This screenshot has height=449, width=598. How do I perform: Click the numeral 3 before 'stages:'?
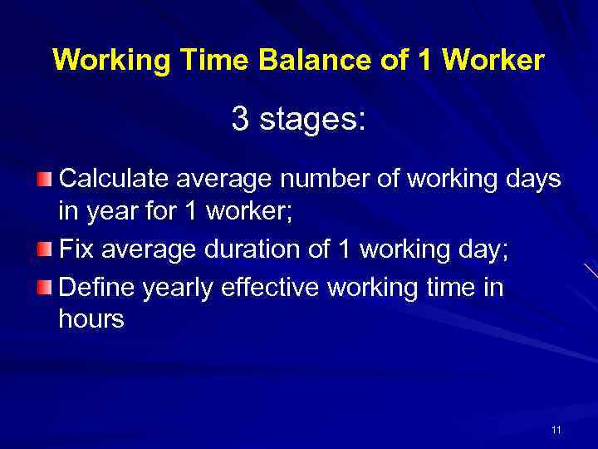click(x=241, y=119)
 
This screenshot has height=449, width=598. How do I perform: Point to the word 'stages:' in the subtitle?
click(x=311, y=121)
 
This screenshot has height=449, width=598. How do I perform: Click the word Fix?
click(x=78, y=249)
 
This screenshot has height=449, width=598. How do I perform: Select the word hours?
click(x=91, y=318)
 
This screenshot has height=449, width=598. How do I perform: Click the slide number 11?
click(x=556, y=430)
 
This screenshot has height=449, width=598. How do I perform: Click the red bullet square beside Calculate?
click(x=44, y=180)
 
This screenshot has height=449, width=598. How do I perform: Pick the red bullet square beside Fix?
click(x=44, y=249)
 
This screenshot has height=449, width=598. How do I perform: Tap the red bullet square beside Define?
click(x=44, y=288)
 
